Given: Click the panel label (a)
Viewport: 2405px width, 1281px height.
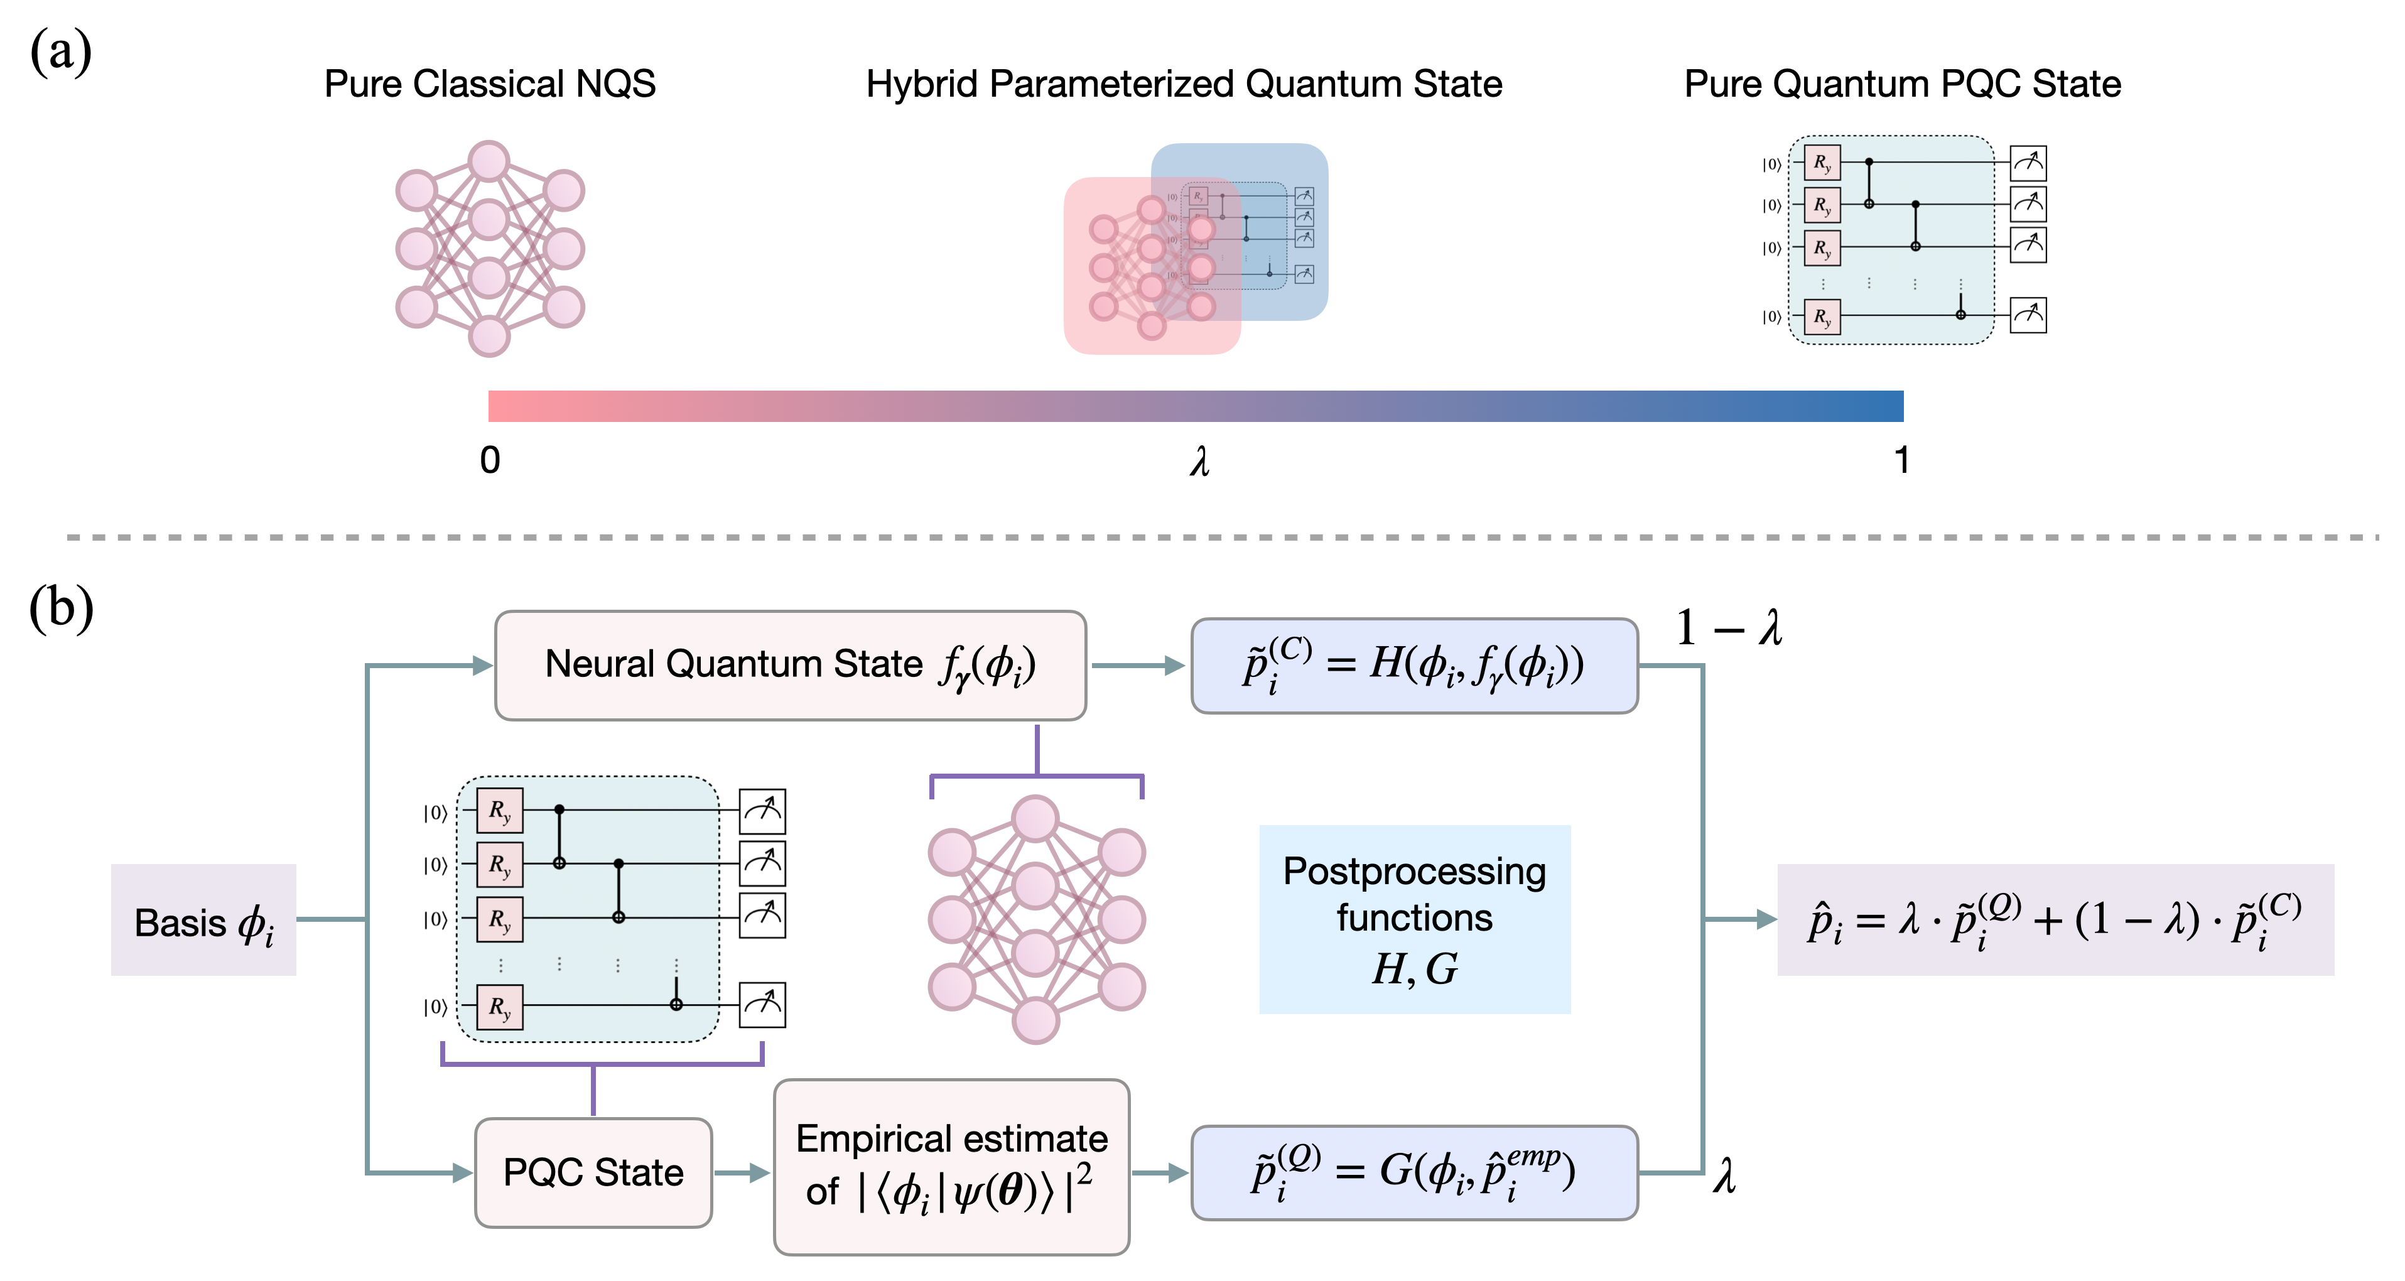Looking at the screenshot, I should pos(61,52).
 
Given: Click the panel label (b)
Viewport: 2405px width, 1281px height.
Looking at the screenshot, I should pos(62,608).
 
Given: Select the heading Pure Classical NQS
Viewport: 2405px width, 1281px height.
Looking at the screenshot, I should pos(489,84).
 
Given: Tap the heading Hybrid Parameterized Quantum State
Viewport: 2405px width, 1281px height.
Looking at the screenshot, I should pos(1184,84).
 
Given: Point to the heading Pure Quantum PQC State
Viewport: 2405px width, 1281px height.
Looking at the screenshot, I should pos(1902,84).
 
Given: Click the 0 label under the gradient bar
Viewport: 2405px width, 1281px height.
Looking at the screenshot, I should pos(490,460).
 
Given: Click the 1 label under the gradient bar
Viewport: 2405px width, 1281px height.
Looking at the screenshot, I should pos(1901,460).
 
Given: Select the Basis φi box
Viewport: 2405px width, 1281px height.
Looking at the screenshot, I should pos(203,921).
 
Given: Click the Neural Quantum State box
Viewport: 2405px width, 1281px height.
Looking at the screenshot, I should pos(790,665).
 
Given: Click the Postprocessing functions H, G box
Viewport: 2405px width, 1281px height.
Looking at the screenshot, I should pos(1415,920).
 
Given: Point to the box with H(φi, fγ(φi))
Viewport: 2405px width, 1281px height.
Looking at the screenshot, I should pos(1415,666).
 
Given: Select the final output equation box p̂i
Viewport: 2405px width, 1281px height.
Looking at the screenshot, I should pos(2055,920).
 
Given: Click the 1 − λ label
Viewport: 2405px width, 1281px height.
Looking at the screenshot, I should pos(1729,627).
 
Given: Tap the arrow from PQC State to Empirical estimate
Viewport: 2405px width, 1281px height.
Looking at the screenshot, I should pos(743,1173).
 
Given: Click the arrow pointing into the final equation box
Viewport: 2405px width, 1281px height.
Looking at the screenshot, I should pos(1741,920).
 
